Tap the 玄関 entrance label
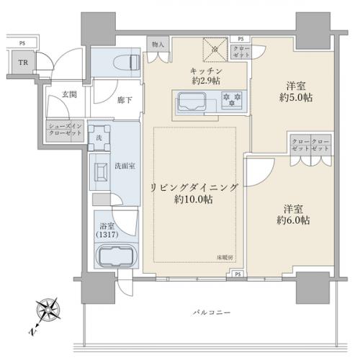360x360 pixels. (x=69, y=95)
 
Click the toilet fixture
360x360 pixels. (x=132, y=61)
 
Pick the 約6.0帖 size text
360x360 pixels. (x=296, y=219)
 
